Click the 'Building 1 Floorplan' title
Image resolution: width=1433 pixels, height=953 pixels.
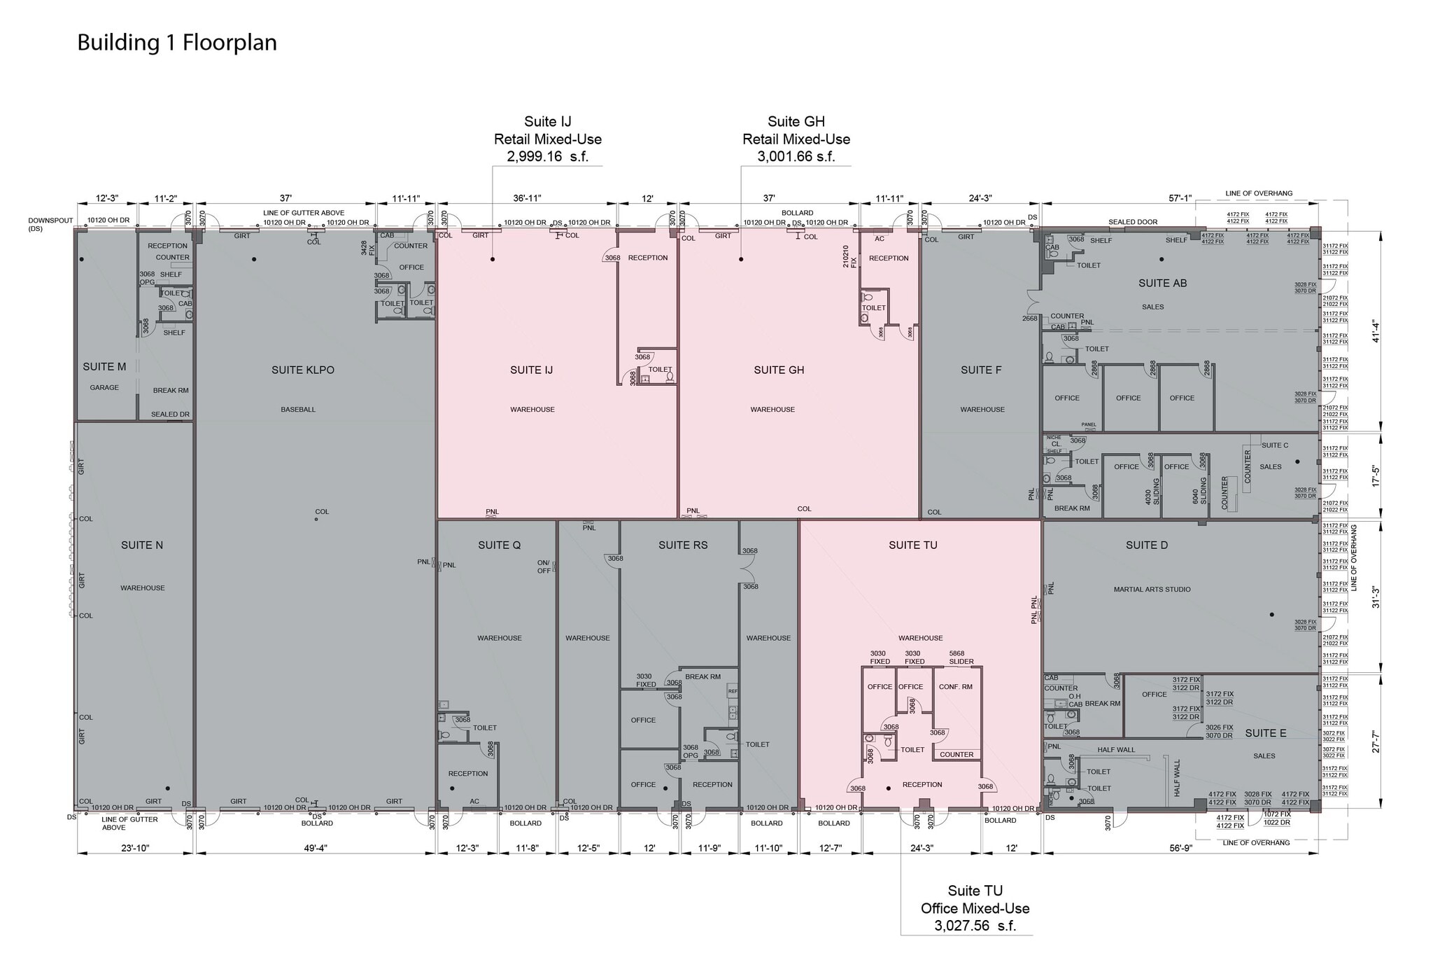[177, 43]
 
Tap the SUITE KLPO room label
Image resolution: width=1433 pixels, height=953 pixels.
[303, 370]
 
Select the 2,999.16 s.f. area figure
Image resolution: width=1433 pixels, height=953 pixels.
[548, 157]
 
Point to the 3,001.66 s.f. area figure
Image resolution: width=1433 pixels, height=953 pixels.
[796, 157]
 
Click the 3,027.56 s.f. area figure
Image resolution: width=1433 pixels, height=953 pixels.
[975, 926]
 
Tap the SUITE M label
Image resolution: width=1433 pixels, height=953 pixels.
[104, 367]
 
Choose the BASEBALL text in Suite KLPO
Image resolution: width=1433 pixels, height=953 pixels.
[298, 410]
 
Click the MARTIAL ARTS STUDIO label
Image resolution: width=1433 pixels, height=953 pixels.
[1152, 590]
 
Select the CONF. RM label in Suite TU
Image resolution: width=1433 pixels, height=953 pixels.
[955, 687]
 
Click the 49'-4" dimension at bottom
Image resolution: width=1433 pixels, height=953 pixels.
[316, 848]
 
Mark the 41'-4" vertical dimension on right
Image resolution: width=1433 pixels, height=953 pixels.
[1375, 331]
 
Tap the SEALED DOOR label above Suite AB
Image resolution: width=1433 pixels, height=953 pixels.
[1132, 222]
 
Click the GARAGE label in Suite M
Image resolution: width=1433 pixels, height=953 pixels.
[104, 387]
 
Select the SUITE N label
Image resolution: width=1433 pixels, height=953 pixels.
[142, 545]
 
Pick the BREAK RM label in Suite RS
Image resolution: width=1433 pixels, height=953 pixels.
[703, 676]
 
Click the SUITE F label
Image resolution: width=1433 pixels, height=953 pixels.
[981, 370]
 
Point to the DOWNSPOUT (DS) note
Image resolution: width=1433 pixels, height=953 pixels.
[50, 224]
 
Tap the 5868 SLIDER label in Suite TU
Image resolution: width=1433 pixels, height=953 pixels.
[961, 658]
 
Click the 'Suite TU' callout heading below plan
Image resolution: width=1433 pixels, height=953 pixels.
[975, 891]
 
